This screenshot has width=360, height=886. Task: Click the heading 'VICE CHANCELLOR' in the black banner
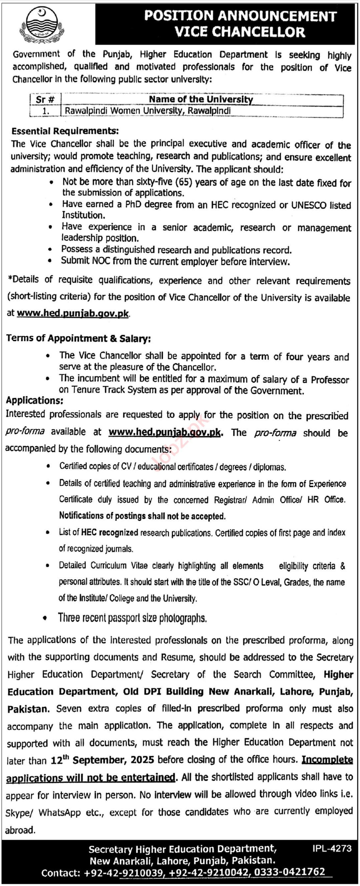point(239,32)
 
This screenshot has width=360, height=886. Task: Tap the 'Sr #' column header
point(45,99)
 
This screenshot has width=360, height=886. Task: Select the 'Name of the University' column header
point(201,99)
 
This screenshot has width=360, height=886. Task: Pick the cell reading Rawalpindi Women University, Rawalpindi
point(148,111)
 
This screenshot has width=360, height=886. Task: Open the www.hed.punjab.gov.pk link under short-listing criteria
point(73,313)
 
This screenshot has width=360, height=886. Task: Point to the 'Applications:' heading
point(35,400)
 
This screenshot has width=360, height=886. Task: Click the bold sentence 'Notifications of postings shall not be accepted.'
point(142,516)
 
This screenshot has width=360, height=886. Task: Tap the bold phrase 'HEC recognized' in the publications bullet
point(109,533)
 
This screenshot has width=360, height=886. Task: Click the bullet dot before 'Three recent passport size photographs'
point(45,618)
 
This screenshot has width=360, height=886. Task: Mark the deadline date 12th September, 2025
point(102,760)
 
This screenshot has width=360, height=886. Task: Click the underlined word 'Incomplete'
point(327,760)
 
